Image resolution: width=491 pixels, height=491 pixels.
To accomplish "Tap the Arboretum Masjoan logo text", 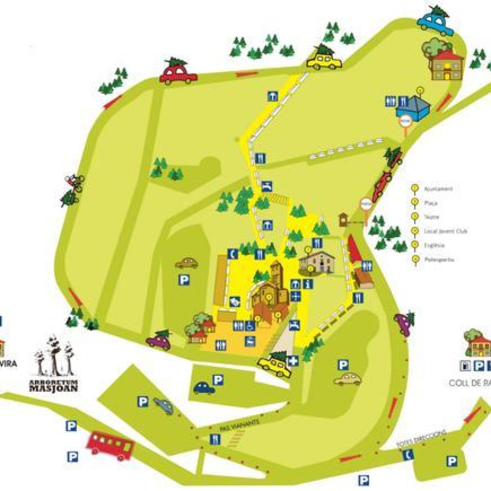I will click(x=54, y=386).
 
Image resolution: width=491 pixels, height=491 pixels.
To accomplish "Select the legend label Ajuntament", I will click(x=438, y=189).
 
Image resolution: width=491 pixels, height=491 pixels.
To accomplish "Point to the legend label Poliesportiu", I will click(x=439, y=260).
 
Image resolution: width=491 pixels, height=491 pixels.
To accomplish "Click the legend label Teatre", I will click(x=432, y=217).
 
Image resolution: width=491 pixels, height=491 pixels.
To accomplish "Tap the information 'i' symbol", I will click(x=308, y=284).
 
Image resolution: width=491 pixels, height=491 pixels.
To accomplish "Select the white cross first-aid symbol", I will click(x=293, y=361).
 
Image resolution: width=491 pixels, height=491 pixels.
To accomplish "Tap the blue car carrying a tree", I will click(x=435, y=21).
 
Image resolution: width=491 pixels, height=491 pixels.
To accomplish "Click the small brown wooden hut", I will click(x=343, y=219).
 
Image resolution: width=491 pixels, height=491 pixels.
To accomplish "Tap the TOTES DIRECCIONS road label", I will click(x=421, y=438).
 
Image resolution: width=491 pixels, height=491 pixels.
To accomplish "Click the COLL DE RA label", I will click(x=470, y=383).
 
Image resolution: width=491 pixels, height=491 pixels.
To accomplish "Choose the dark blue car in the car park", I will click(x=204, y=388).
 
